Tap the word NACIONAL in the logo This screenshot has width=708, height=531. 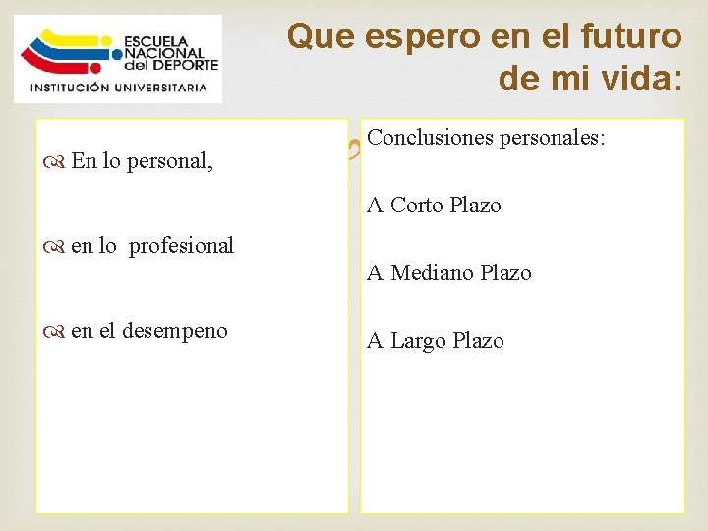pyautogui.click(x=165, y=53)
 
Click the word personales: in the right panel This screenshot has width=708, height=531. pyautogui.click(x=555, y=139)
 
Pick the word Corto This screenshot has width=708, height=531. pyautogui.click(x=419, y=205)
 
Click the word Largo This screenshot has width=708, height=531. pyautogui.click(x=420, y=341)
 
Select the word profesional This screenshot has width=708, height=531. pyautogui.click(x=182, y=245)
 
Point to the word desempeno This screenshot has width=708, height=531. pyautogui.click(x=175, y=330)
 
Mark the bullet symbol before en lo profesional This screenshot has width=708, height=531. pyautogui.click(x=55, y=246)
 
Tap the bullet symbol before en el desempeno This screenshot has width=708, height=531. pyautogui.click(x=55, y=331)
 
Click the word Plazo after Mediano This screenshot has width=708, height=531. pyautogui.click(x=506, y=273)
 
